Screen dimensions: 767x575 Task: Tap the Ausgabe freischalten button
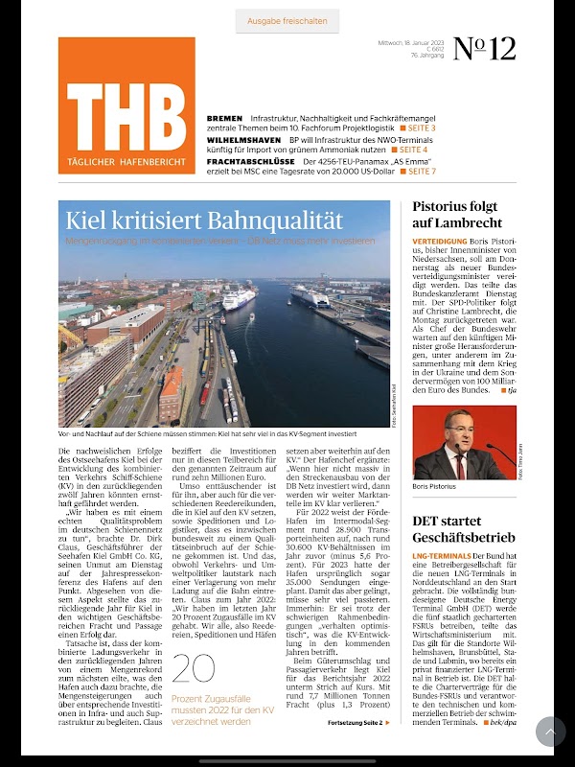click(x=287, y=20)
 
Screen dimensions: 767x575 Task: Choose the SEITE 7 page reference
click(x=418, y=172)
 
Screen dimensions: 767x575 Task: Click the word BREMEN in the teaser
click(x=224, y=118)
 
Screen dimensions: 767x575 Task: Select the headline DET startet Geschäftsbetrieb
click(x=465, y=527)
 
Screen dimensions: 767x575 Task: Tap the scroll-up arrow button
click(x=550, y=732)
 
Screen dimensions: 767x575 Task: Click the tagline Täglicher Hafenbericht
click(x=126, y=162)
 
